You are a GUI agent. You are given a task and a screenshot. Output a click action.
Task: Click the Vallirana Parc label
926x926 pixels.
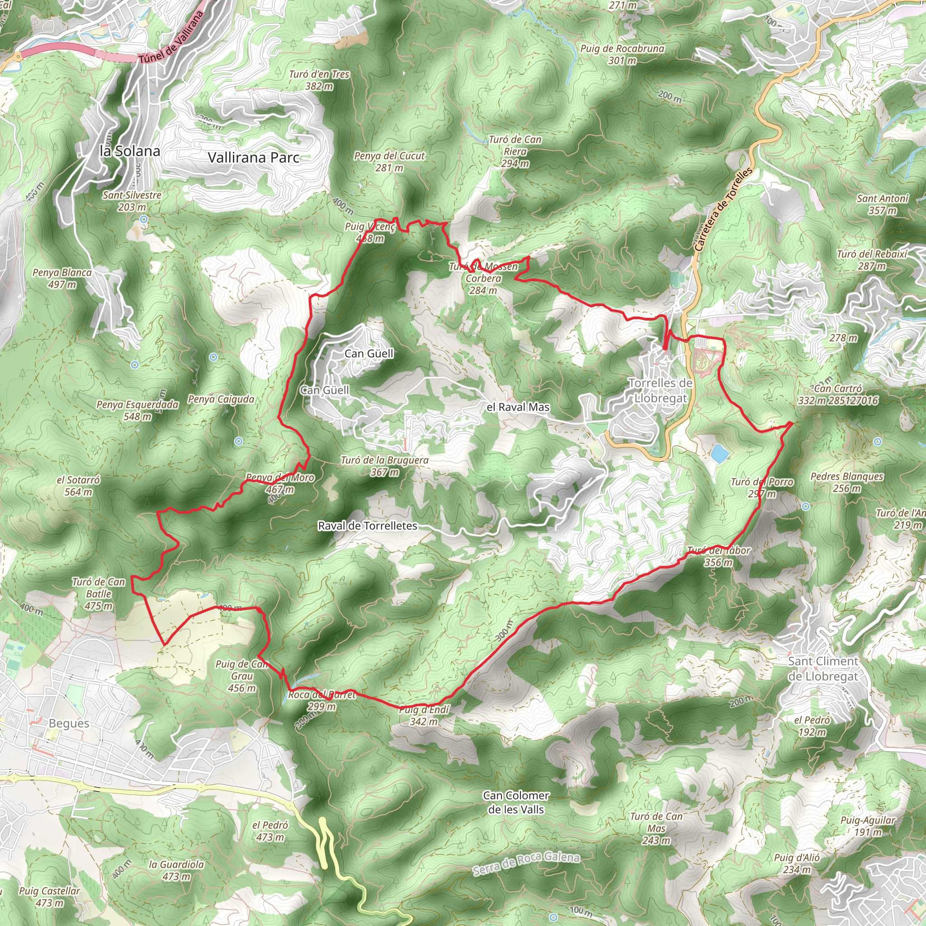pos(254,158)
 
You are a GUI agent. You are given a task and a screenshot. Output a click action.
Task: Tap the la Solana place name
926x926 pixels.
pos(130,151)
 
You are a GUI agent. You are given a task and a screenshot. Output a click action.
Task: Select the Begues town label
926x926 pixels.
pos(69,723)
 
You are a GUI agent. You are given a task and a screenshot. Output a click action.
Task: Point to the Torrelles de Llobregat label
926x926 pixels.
pos(661,390)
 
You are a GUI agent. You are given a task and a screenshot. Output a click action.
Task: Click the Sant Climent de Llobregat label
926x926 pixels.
pos(823,669)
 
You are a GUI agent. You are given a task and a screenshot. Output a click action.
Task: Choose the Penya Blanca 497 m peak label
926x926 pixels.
pos(62,279)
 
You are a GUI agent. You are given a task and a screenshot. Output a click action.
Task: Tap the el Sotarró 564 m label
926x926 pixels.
pos(79,486)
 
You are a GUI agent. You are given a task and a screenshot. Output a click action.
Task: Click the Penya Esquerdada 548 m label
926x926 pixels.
pos(137,411)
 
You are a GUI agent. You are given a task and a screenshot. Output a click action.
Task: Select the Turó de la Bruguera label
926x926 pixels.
pos(384,466)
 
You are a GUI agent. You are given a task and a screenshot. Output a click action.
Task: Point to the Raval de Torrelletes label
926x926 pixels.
pos(368,526)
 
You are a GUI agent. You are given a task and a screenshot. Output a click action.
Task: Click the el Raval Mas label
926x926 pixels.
pos(518,407)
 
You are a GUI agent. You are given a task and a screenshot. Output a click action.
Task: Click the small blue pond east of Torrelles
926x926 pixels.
pos(720,454)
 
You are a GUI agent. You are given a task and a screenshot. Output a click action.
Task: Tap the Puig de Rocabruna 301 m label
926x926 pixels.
pos(622,55)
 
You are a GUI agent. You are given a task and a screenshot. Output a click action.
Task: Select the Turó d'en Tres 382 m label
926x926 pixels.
pos(319,80)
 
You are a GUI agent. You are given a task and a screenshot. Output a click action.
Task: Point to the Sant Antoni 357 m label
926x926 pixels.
pos(883,204)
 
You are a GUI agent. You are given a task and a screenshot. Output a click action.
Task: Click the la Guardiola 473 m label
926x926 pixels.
pos(176,870)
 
